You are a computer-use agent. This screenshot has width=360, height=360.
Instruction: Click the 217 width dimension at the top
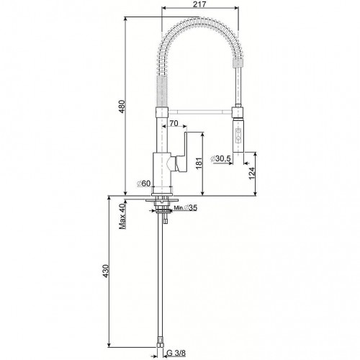(200, 4)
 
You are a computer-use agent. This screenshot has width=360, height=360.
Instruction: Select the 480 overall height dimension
(122, 107)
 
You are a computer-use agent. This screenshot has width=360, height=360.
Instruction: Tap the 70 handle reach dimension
(174, 123)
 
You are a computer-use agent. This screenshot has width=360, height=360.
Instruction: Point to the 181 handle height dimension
(199, 163)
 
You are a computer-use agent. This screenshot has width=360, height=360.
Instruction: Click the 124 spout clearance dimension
(251, 174)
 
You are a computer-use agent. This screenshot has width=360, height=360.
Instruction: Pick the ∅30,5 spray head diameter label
(220, 158)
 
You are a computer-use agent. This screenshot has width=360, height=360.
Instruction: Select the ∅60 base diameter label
(143, 184)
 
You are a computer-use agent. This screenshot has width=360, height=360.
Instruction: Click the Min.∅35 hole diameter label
(185, 208)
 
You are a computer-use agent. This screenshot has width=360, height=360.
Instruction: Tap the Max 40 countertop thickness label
(122, 216)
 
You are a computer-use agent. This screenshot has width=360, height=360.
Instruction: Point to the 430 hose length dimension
(106, 271)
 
